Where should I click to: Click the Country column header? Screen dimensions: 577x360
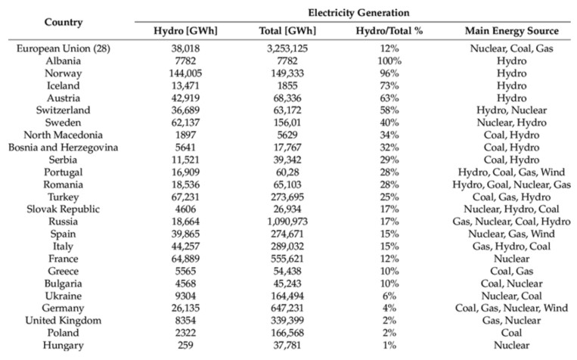[64, 22]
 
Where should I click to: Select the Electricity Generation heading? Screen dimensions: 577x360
[358, 13]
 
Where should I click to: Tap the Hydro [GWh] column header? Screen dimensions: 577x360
[185, 31]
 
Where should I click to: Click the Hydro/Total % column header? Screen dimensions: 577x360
[389, 31]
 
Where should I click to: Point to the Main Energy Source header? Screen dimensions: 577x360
[511, 31]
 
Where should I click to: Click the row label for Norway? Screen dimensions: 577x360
[64, 73]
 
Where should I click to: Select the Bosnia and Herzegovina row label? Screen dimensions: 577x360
[64, 147]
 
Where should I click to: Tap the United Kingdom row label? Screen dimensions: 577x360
[64, 320]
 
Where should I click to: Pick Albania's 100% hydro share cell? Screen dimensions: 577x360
[389, 61]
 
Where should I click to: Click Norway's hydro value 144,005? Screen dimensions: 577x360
[185, 73]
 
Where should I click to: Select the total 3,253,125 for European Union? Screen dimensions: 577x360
[287, 48]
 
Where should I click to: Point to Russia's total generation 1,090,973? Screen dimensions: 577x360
[287, 222]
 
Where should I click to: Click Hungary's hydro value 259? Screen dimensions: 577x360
[185, 345]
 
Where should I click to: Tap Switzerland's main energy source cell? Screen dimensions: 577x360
[511, 110]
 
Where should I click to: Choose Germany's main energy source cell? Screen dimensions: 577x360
[511, 308]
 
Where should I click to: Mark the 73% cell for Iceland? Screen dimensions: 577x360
[389, 85]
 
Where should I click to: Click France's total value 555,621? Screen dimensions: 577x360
[287, 259]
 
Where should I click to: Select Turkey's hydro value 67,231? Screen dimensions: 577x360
[185, 197]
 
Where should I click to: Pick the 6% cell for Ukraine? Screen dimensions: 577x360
[389, 296]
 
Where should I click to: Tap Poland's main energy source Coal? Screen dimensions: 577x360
[511, 333]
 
